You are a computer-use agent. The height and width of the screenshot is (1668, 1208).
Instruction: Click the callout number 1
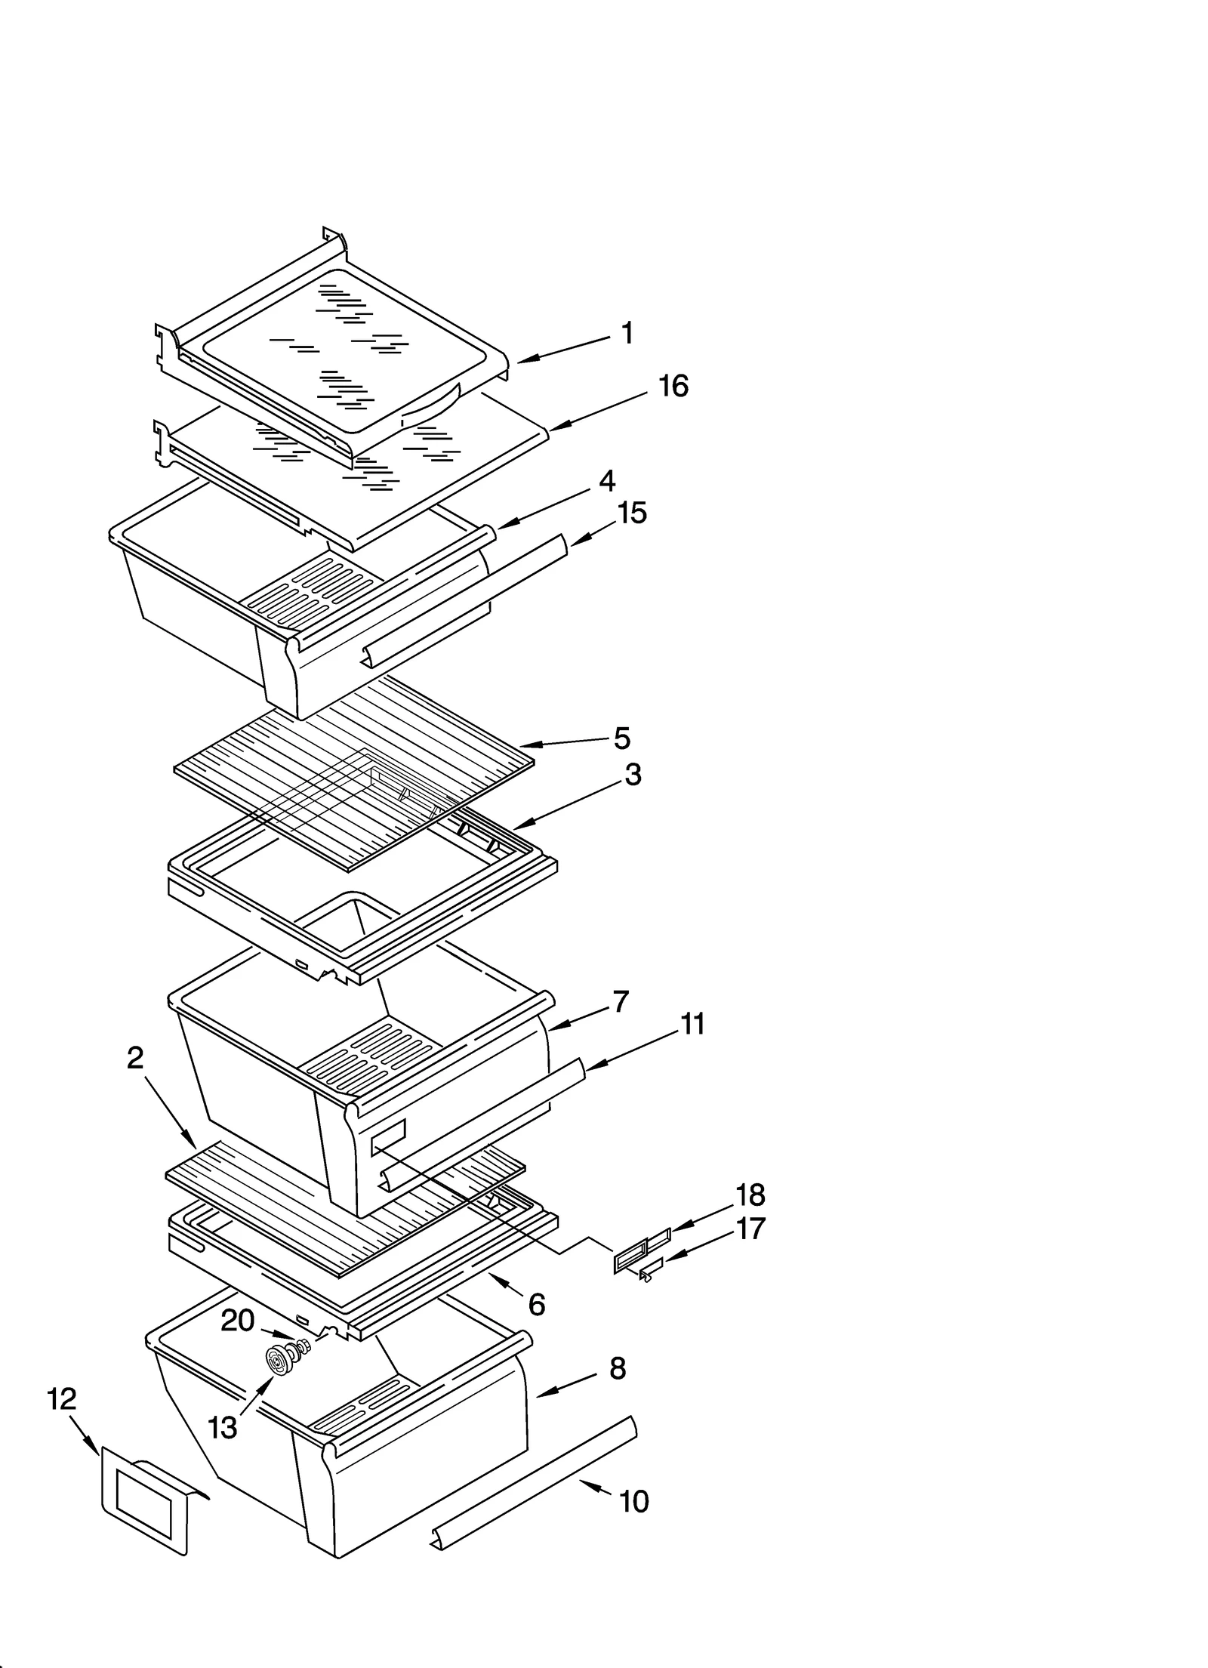(627, 333)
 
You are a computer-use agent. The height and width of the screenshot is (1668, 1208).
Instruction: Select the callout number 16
(673, 386)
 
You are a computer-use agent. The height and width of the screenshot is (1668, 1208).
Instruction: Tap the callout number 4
(607, 481)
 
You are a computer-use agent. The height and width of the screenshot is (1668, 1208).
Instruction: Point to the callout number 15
(632, 513)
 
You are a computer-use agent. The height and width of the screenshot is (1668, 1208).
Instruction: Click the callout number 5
(621, 738)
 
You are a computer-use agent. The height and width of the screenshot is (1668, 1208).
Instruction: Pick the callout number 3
(633, 774)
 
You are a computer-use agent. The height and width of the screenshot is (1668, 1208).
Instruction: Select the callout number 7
(621, 1002)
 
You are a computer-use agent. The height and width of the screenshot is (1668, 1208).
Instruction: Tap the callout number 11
(692, 1025)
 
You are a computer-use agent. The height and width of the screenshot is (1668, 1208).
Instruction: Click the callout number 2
(135, 1058)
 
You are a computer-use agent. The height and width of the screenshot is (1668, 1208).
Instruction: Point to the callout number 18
(750, 1195)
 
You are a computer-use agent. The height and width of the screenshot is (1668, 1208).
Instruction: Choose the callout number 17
(750, 1229)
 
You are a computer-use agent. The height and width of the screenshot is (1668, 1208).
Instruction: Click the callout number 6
(537, 1304)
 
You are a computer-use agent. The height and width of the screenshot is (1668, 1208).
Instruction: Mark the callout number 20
(237, 1321)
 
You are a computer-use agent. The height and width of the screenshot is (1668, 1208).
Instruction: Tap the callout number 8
(618, 1368)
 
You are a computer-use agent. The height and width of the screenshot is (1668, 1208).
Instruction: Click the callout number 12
(62, 1399)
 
